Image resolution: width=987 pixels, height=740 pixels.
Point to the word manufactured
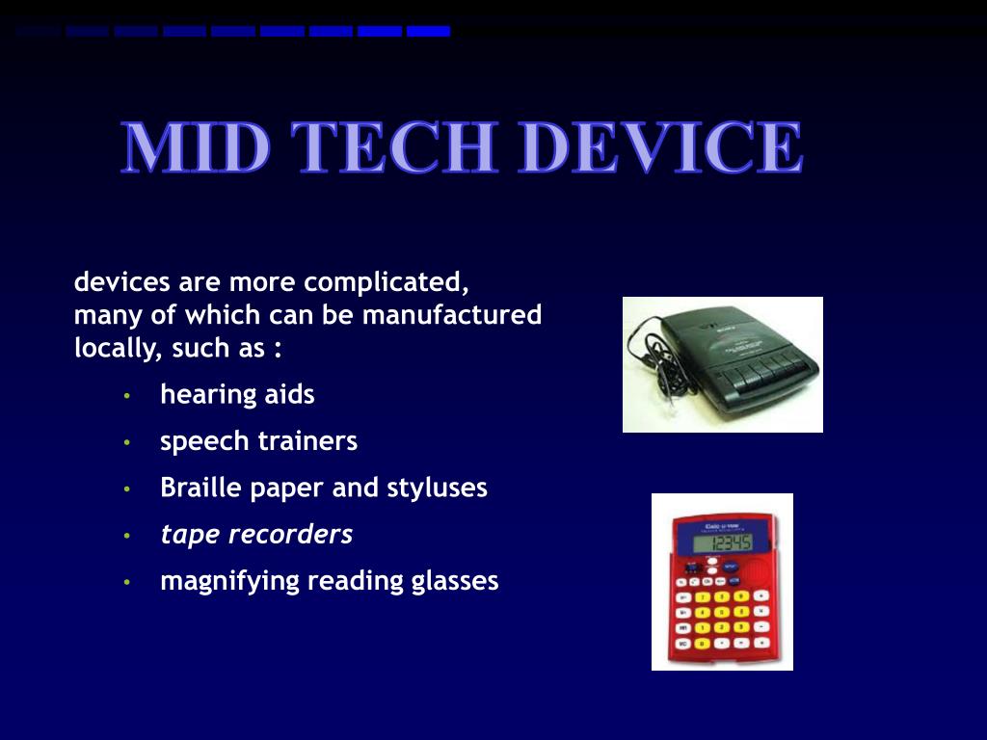pos(452,315)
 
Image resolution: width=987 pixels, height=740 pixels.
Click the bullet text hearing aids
pos(237,394)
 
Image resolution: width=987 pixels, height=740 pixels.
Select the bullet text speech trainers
pos(258,441)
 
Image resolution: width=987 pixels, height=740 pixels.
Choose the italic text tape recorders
pos(256,534)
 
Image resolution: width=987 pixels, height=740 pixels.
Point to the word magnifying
pos(229,581)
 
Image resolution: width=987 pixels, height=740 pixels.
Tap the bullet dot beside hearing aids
pos(126,396)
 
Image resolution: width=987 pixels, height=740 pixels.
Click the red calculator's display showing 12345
pos(729,544)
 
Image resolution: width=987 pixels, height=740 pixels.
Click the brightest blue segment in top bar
pos(428,31)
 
